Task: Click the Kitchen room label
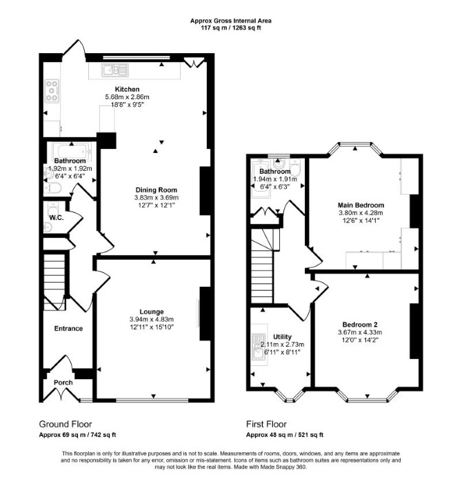pyautogui.click(x=127, y=89)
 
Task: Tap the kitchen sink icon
pyautogui.click(x=115, y=70)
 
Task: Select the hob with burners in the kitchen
pyautogui.click(x=52, y=91)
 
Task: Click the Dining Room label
pyautogui.click(x=156, y=190)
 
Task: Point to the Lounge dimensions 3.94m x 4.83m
pyautogui.click(x=152, y=319)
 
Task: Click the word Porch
pyautogui.click(x=63, y=382)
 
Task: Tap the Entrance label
pyautogui.click(x=68, y=328)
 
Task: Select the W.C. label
pyautogui.click(x=57, y=218)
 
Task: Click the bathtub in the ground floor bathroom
pyautogui.click(x=72, y=151)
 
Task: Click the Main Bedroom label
pyautogui.click(x=361, y=205)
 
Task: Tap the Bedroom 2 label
pyautogui.click(x=360, y=325)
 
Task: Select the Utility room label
pyautogui.click(x=282, y=336)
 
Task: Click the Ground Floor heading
pyautogui.click(x=66, y=424)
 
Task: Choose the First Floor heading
pyautogui.click(x=266, y=424)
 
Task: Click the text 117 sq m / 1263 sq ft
pyautogui.click(x=231, y=28)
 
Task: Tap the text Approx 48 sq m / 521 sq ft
pyautogui.click(x=285, y=435)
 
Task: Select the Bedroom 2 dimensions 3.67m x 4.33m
pyautogui.click(x=360, y=332)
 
